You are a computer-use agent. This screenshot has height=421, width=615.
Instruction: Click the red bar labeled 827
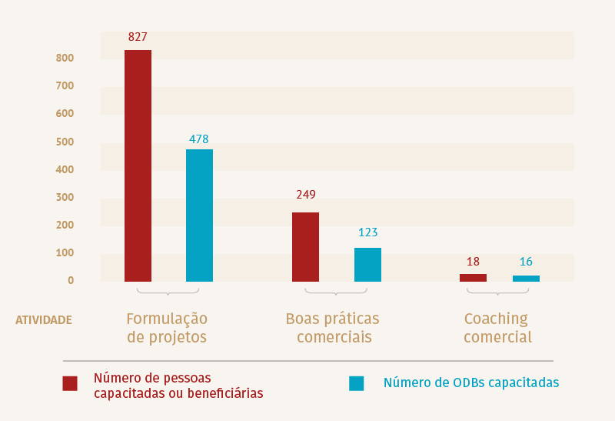[x=138, y=165]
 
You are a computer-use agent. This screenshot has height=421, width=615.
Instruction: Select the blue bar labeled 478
[x=199, y=216]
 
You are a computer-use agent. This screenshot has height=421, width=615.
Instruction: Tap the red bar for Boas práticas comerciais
[x=305, y=246]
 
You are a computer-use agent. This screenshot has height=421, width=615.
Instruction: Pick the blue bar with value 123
[x=367, y=264]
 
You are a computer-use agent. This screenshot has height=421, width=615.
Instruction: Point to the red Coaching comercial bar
[x=473, y=278]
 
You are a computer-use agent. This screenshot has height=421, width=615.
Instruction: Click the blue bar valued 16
[x=526, y=279]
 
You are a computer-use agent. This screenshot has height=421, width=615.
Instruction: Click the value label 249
[x=306, y=195]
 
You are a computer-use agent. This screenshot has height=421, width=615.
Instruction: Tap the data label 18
[x=473, y=262]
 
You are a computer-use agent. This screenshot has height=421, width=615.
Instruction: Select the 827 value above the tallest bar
[x=138, y=36]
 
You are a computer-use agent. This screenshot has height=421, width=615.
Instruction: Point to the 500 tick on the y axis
[x=65, y=142]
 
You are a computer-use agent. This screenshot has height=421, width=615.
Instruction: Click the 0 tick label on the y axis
[x=70, y=280]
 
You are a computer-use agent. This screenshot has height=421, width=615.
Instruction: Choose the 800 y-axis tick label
[x=65, y=58]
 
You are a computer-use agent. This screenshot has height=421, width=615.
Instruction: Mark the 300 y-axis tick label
[x=65, y=197]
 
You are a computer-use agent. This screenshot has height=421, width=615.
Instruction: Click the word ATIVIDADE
[x=44, y=319]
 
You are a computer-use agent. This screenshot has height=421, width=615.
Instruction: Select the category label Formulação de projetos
[x=167, y=328]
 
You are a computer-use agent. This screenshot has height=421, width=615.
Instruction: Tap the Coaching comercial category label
[x=497, y=328]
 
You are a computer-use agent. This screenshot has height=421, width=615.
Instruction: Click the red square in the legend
[x=70, y=383]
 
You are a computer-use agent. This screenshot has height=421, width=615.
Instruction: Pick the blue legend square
[x=356, y=383]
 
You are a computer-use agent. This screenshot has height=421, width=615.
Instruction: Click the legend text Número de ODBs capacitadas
[x=470, y=383]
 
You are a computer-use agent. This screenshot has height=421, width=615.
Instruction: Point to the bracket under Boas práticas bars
[x=336, y=292]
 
